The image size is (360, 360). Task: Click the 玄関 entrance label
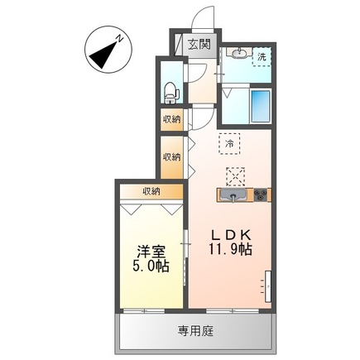199,44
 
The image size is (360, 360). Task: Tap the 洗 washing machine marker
262,57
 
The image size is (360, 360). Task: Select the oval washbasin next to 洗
238,55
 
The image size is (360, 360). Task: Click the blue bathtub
261,105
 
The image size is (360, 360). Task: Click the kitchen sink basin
232,196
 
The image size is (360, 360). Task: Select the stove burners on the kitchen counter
261,196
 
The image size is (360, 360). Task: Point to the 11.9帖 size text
233,248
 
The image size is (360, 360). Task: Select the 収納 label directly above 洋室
150,191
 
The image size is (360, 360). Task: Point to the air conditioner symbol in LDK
267,286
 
